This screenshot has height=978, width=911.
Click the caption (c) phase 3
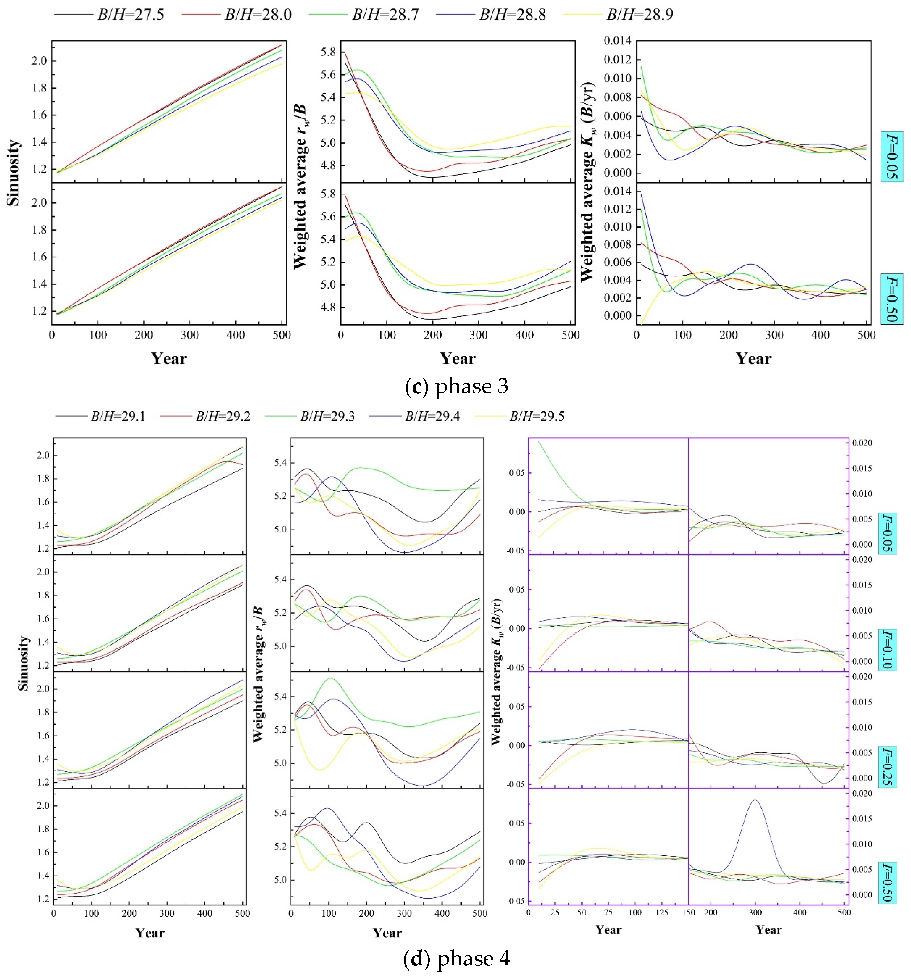coord(456,386)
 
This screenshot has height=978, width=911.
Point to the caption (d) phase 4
coord(456,958)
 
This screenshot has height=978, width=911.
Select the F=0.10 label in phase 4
coord(887,649)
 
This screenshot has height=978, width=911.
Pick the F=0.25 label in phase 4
coord(887,767)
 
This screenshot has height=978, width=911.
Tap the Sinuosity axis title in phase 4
coord(23,663)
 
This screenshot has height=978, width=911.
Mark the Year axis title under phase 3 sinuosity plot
coord(169,358)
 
